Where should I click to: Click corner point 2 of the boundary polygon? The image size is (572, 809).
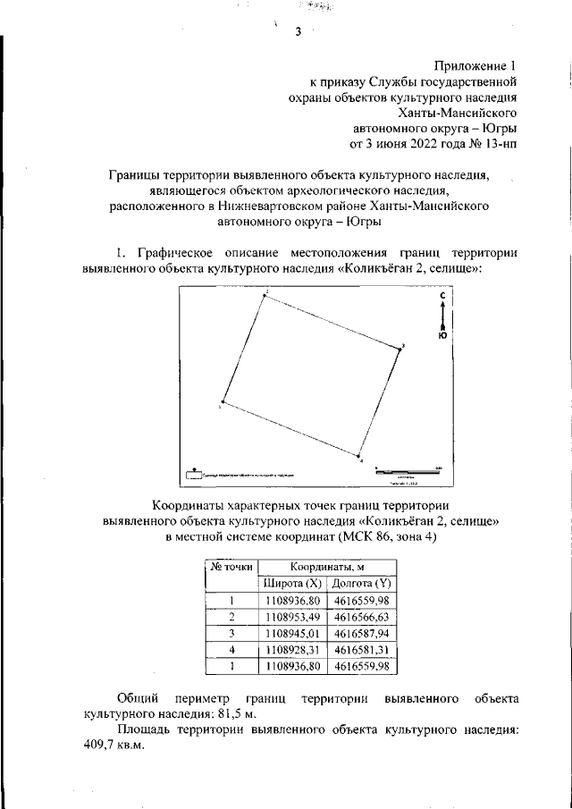tap(265, 296)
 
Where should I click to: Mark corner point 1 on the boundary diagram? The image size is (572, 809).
tap(223, 402)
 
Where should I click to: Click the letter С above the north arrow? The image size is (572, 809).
tap(443, 295)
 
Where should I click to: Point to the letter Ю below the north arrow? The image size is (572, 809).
tap(443, 338)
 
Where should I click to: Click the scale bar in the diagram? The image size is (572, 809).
tap(408, 469)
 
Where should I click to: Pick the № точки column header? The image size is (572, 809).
tap(231, 567)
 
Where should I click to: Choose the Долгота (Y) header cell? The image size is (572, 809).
tap(362, 584)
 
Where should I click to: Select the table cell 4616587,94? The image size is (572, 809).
tap(362, 634)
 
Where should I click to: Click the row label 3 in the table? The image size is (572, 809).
tap(231, 634)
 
